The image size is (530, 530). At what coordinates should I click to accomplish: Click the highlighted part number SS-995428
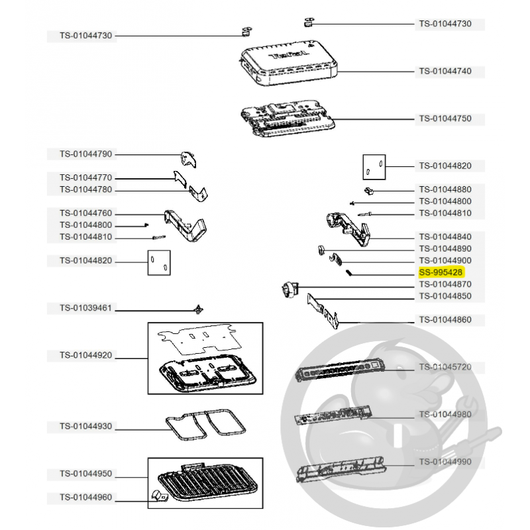[x=441, y=272]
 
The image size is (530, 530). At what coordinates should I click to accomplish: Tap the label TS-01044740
[x=445, y=72]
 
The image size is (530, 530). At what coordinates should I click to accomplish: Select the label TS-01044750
[x=445, y=119]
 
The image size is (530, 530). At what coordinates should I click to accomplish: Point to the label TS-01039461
[x=86, y=308]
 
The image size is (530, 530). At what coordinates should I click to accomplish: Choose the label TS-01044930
[x=86, y=426]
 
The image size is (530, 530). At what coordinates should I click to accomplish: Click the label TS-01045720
[x=445, y=367]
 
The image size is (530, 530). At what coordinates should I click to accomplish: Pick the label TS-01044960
[x=86, y=498]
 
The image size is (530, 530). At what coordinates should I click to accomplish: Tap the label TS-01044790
[x=86, y=154]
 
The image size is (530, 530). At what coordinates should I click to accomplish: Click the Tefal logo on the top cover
[x=289, y=55]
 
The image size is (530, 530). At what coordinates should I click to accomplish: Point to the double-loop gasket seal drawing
[x=206, y=424]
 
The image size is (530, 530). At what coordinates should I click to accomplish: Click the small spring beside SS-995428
[x=349, y=272]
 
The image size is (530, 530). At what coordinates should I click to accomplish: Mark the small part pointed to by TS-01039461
[x=199, y=309]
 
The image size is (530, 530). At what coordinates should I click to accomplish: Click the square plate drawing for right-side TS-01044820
[x=374, y=168]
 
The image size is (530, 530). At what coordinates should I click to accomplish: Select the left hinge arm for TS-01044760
[x=185, y=225]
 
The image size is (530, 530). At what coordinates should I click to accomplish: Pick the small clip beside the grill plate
[x=159, y=496]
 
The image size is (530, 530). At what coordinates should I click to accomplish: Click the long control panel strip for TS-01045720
[x=340, y=370]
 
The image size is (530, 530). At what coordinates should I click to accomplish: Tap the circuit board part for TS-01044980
[x=333, y=416]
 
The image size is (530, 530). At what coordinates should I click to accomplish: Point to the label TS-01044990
[x=445, y=462]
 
